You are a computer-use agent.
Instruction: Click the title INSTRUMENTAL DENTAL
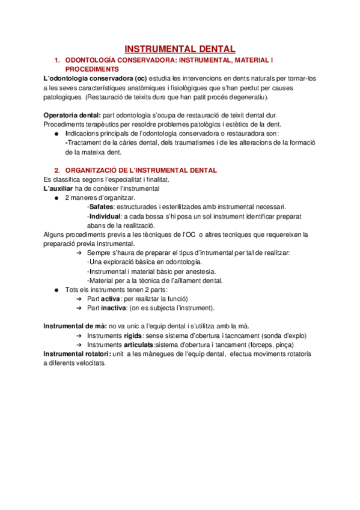pos(180,49)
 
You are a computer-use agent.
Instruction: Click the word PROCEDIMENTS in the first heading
pos(92,70)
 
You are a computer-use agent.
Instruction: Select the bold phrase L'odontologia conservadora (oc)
pos(95,79)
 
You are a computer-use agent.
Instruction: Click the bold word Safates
pos(101,206)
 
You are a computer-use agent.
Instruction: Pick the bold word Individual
pos(105,216)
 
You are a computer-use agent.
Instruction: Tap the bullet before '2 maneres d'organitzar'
pos(55,198)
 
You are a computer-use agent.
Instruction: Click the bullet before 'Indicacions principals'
pos(55,134)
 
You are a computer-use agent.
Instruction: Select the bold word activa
pos(111,298)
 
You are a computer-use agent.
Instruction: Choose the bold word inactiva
pos(115,307)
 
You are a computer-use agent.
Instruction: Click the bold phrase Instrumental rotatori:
pos(77,354)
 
